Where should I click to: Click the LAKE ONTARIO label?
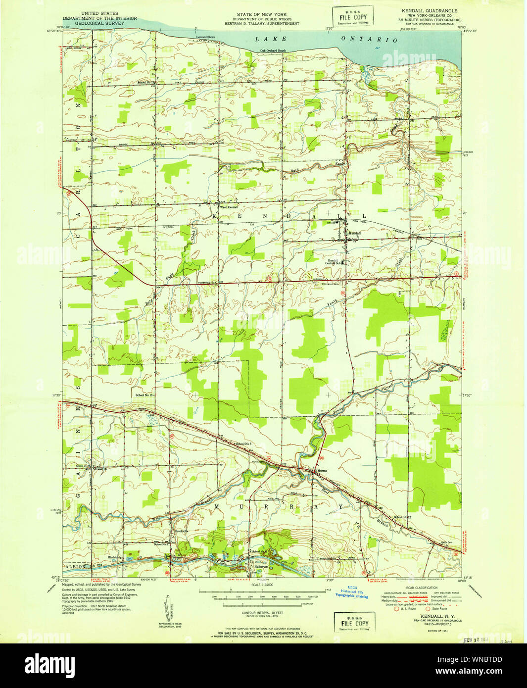(x=327, y=39)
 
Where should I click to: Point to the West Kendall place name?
(x=229, y=207)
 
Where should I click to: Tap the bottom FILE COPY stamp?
(x=354, y=623)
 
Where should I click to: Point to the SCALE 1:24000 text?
(x=263, y=585)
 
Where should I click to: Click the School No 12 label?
(x=403, y=517)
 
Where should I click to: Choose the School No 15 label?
(x=145, y=395)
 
